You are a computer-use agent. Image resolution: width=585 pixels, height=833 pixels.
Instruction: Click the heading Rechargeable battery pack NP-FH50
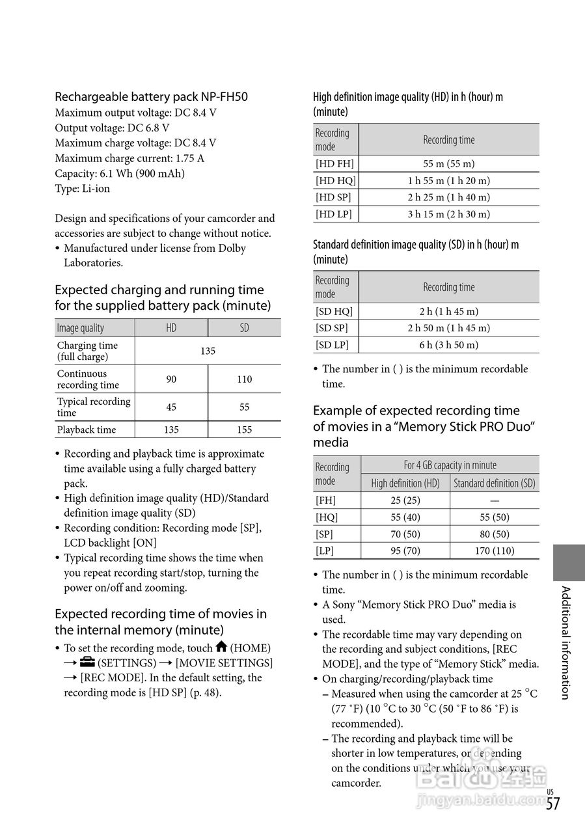[x=151, y=97]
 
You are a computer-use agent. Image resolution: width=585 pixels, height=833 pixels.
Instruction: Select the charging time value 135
[x=208, y=351]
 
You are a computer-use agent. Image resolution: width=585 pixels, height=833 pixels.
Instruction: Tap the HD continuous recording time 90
[x=171, y=379]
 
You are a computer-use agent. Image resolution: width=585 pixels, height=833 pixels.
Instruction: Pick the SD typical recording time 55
[x=244, y=407]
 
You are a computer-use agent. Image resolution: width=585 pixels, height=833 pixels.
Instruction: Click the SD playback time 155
[x=244, y=430]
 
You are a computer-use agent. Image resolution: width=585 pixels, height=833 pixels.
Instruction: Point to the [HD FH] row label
[x=335, y=164]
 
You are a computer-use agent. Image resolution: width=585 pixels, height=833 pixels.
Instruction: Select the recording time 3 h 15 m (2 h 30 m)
[x=449, y=214]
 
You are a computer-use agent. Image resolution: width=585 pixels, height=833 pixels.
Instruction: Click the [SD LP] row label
[x=332, y=345]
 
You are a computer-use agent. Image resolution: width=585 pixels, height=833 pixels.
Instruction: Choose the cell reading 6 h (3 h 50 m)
[x=449, y=345]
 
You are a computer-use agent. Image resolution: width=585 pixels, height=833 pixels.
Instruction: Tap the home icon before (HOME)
[x=221, y=647]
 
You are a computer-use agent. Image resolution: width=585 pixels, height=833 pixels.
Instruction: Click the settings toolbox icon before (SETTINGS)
[x=87, y=662]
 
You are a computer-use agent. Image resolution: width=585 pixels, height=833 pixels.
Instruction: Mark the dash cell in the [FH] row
[x=495, y=500]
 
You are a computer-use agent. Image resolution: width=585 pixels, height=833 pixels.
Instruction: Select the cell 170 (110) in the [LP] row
[x=495, y=551]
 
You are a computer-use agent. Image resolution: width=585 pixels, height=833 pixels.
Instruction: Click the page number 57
[x=552, y=804]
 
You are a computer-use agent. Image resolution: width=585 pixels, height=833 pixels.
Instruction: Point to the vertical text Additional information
[x=565, y=642]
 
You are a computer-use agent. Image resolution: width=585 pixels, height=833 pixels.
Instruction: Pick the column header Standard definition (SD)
[x=495, y=483]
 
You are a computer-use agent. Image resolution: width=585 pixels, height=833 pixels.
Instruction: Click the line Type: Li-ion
[x=82, y=189]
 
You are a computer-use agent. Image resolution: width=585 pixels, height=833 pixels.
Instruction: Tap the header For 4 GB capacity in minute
[x=450, y=465]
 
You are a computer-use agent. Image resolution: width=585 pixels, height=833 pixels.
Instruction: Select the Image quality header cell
[x=81, y=328]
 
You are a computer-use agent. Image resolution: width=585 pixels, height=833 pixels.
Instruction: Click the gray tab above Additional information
[x=569, y=562]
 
